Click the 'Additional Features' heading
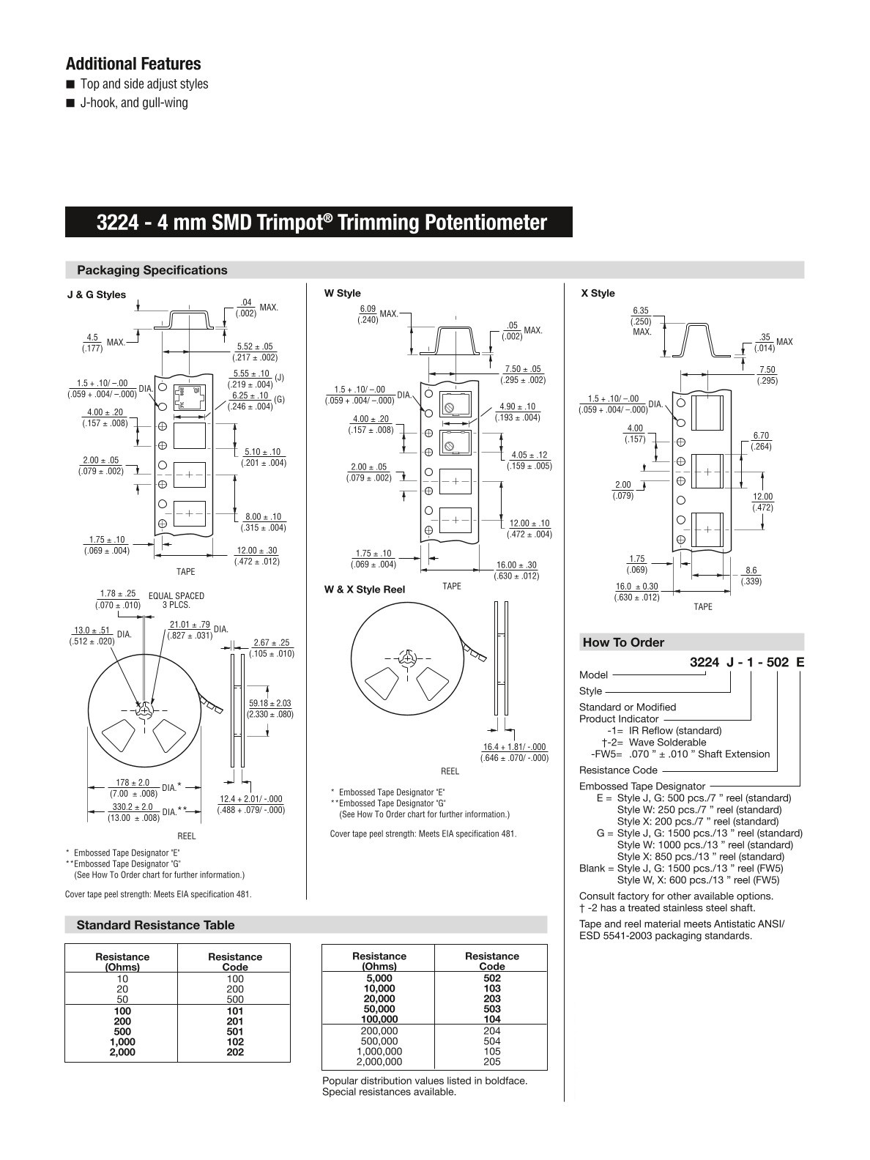(x=133, y=64)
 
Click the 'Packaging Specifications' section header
(x=152, y=270)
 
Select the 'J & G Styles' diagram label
(x=96, y=295)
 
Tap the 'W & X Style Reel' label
(x=364, y=590)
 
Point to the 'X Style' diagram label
(x=598, y=294)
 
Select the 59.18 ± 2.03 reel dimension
(x=269, y=703)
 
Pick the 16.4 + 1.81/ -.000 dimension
(x=514, y=747)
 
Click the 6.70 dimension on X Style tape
(x=761, y=436)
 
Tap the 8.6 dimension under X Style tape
(x=751, y=570)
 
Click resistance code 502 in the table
(x=492, y=978)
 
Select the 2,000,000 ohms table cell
(x=379, y=1062)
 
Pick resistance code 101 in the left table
(x=235, y=1011)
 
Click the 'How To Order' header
(x=623, y=643)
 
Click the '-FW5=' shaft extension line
(x=680, y=754)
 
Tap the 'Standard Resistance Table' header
(x=155, y=926)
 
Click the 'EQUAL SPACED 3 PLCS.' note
(x=176, y=601)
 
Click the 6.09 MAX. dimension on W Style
(x=368, y=310)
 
